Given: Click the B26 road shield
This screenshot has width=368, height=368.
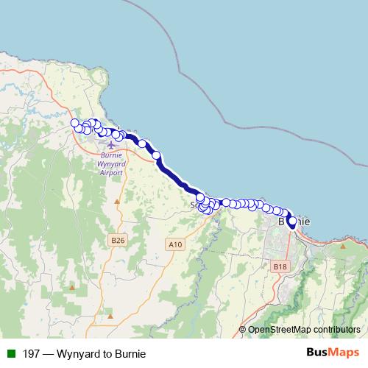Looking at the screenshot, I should coord(117,240).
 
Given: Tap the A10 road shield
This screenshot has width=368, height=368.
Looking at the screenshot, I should coord(174,244).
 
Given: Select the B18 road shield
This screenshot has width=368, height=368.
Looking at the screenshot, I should coord(279,266).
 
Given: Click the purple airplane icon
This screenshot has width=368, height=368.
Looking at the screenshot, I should coord(111,144).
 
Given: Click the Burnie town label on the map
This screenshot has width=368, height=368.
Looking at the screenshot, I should coord(294,221).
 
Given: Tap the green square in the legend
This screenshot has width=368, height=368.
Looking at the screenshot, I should coord(11,354).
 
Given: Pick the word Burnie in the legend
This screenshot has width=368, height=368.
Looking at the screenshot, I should coord(130,354).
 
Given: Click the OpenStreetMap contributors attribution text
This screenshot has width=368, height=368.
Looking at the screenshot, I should coord(304,330).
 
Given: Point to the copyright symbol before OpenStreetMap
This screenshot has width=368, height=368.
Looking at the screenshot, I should coord(242,330).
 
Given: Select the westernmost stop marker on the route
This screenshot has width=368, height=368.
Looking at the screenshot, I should coord(74,123).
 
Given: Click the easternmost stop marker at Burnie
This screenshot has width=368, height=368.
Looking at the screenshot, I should coord(292,222).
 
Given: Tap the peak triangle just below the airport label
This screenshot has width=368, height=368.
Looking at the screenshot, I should coord(116,200).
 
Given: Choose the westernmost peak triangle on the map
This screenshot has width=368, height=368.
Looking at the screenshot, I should coord(72,286).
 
